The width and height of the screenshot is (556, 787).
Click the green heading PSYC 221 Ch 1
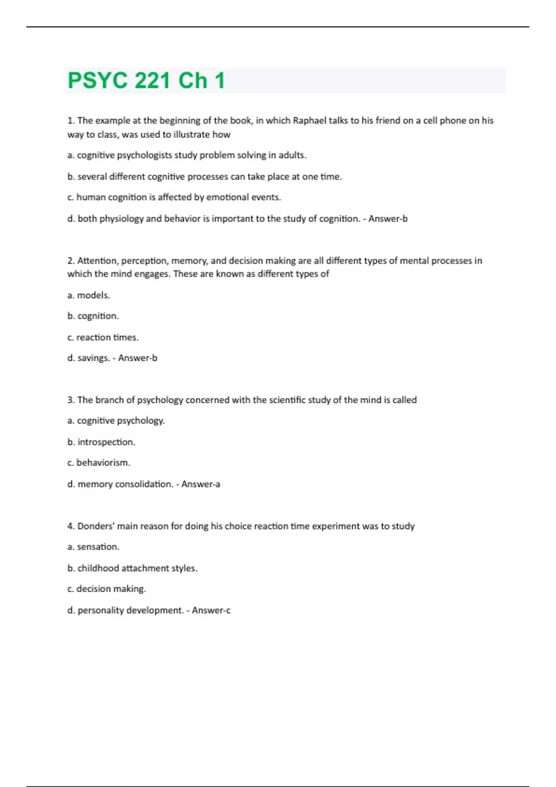click(146, 80)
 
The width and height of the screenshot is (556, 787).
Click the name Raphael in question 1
click(310, 120)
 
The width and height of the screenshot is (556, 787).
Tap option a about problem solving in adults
click(187, 155)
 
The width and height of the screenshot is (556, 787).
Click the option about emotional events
click(174, 197)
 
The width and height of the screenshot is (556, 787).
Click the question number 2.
click(71, 261)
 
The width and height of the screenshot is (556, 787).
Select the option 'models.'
click(89, 295)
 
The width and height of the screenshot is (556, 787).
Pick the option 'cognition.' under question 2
click(93, 316)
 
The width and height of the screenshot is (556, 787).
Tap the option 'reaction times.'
click(103, 337)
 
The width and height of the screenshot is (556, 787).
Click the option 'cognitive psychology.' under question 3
click(116, 420)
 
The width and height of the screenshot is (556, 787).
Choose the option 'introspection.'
click(101, 442)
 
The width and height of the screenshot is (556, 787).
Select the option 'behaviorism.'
click(99, 462)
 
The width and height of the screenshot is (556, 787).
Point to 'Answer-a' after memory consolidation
click(201, 484)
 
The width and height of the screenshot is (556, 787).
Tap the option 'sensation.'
click(94, 547)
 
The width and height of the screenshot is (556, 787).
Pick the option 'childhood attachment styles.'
click(133, 568)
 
